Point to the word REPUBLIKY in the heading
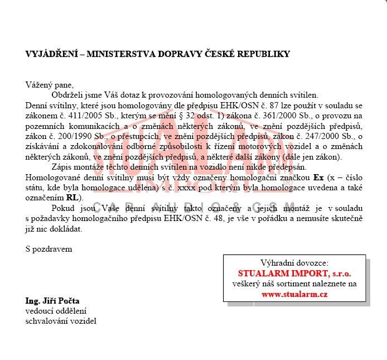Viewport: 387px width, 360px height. [x=262, y=54]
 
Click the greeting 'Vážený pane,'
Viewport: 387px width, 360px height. [x=49, y=85]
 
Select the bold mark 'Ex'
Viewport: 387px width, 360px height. [x=318, y=177]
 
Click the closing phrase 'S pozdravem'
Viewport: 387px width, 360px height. [x=49, y=249]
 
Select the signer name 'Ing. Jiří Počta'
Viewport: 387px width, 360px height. [x=52, y=301]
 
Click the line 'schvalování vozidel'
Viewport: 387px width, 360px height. [x=61, y=321]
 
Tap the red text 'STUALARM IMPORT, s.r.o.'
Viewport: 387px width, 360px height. [x=294, y=273]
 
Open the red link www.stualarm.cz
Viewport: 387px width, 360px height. [x=294, y=294]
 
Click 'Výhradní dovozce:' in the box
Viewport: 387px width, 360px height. [x=294, y=263]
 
